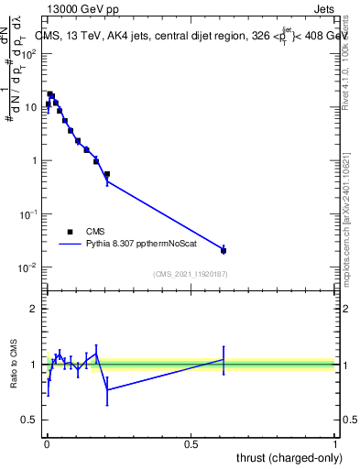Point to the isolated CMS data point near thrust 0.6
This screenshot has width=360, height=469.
224,250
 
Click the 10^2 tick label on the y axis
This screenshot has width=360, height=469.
28,53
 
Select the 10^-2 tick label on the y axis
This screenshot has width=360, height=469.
28,267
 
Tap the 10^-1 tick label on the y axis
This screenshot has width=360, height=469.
28,214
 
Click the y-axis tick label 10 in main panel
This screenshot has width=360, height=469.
30,107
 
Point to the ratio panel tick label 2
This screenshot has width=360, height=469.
35,309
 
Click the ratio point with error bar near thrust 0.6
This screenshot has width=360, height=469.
224,359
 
